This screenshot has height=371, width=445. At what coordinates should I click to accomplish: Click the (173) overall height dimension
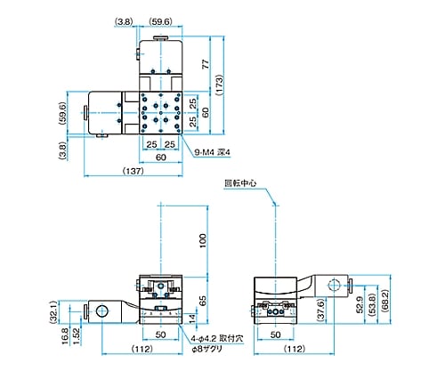[219, 85]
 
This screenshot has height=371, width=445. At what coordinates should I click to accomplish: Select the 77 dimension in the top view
[206, 64]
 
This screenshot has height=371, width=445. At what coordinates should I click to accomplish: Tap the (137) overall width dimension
[133, 171]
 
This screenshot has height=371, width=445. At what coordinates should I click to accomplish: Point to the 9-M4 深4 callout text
[212, 152]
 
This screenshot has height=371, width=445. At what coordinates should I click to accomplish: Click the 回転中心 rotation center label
[240, 183]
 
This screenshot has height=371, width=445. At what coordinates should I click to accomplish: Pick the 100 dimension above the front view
[203, 241]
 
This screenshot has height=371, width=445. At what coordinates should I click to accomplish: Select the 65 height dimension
[203, 301]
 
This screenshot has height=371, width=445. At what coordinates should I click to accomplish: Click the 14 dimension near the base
[192, 319]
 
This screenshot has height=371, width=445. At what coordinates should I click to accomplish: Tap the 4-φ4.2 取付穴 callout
[217, 338]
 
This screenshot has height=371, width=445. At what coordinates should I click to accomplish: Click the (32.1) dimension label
[53, 312]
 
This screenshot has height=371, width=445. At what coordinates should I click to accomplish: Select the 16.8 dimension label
[65, 336]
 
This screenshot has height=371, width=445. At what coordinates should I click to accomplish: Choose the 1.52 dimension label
[77, 336]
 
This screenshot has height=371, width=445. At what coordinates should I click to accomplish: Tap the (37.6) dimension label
[320, 311]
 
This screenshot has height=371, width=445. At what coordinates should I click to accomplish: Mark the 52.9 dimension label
[360, 304]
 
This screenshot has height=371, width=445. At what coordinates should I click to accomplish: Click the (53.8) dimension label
[372, 304]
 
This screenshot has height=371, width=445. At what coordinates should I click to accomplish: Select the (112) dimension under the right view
[295, 349]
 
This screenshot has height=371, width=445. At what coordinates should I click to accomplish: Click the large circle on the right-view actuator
[335, 286]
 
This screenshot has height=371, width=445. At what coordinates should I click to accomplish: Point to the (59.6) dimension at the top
[160, 21]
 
